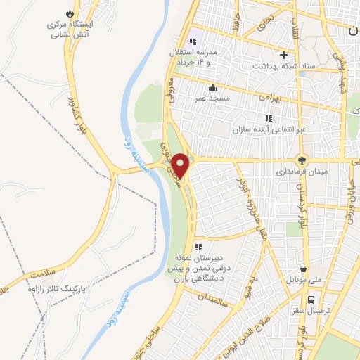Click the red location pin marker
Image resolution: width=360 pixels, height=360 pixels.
tap(181, 165)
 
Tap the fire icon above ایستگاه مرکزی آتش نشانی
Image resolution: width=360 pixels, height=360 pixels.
tap(69, 13)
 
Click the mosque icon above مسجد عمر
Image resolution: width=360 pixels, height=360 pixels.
tap(212, 88)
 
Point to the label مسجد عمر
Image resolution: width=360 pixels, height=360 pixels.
tap(212, 99)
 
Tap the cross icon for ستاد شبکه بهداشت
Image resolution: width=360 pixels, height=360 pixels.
tap(284, 55)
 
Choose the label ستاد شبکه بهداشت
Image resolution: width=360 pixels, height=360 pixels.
tap(284, 65)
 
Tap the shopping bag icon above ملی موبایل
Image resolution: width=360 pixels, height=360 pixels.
tap(303, 268)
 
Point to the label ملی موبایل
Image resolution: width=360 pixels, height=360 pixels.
tap(303, 280)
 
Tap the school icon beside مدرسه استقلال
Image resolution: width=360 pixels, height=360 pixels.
tap(192, 42)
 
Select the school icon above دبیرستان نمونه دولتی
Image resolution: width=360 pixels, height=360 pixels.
tap(199, 246)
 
